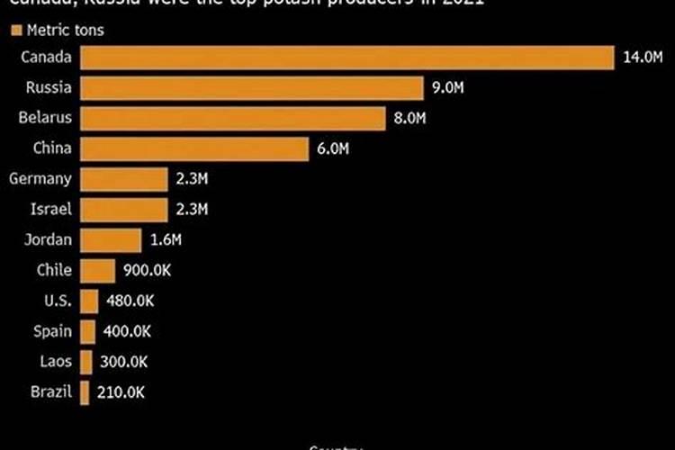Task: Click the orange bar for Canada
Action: (x=346, y=58)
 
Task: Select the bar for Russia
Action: (x=252, y=88)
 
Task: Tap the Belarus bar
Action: (x=233, y=119)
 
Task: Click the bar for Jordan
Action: (x=111, y=240)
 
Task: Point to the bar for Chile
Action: (x=98, y=271)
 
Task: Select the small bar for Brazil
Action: (x=85, y=392)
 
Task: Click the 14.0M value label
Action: (x=643, y=58)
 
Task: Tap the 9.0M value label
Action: (x=448, y=88)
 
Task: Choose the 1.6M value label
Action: (x=166, y=240)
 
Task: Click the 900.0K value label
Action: (x=148, y=271)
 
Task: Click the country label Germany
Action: (x=40, y=179)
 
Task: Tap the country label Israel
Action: (x=52, y=210)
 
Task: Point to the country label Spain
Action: (x=53, y=331)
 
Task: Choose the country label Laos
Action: (x=56, y=362)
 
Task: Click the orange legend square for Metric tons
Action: (x=15, y=31)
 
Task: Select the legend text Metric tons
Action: (x=66, y=31)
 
